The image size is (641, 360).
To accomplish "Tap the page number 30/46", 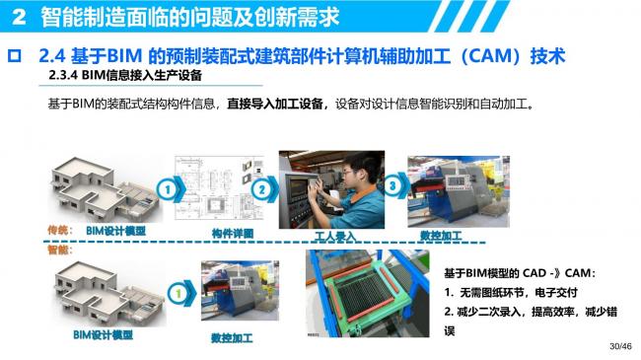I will (618, 346).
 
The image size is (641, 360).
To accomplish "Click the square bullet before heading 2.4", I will (15, 55).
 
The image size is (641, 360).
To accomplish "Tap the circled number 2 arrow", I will (262, 188).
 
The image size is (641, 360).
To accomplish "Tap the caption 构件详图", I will (233, 233).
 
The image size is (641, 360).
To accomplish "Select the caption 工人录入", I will (334, 237).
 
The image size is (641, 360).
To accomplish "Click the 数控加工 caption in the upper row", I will (440, 236).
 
